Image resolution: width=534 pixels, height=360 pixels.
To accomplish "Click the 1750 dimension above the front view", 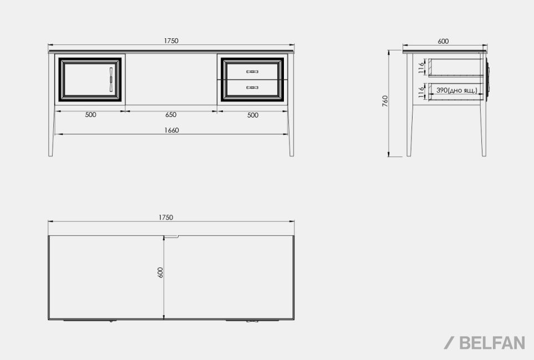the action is pyautogui.click(x=171, y=41).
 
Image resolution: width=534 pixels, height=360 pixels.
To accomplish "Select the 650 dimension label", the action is pyautogui.click(x=171, y=115).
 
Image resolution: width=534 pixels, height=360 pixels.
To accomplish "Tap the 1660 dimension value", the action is pyautogui.click(x=171, y=130).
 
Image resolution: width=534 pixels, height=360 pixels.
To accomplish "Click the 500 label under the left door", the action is pyautogui.click(x=90, y=115).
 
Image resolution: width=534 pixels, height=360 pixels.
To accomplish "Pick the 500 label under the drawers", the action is pyautogui.click(x=253, y=115).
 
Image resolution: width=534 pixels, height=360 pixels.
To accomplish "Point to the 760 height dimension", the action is pyautogui.click(x=385, y=101).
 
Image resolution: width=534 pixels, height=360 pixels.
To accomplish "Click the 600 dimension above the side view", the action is pyautogui.click(x=443, y=41).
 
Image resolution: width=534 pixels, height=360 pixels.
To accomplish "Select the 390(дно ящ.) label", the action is pyautogui.click(x=457, y=90).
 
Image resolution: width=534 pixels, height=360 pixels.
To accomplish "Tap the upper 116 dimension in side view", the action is pyautogui.click(x=421, y=68).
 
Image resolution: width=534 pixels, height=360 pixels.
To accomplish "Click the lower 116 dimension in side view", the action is pyautogui.click(x=421, y=92).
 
